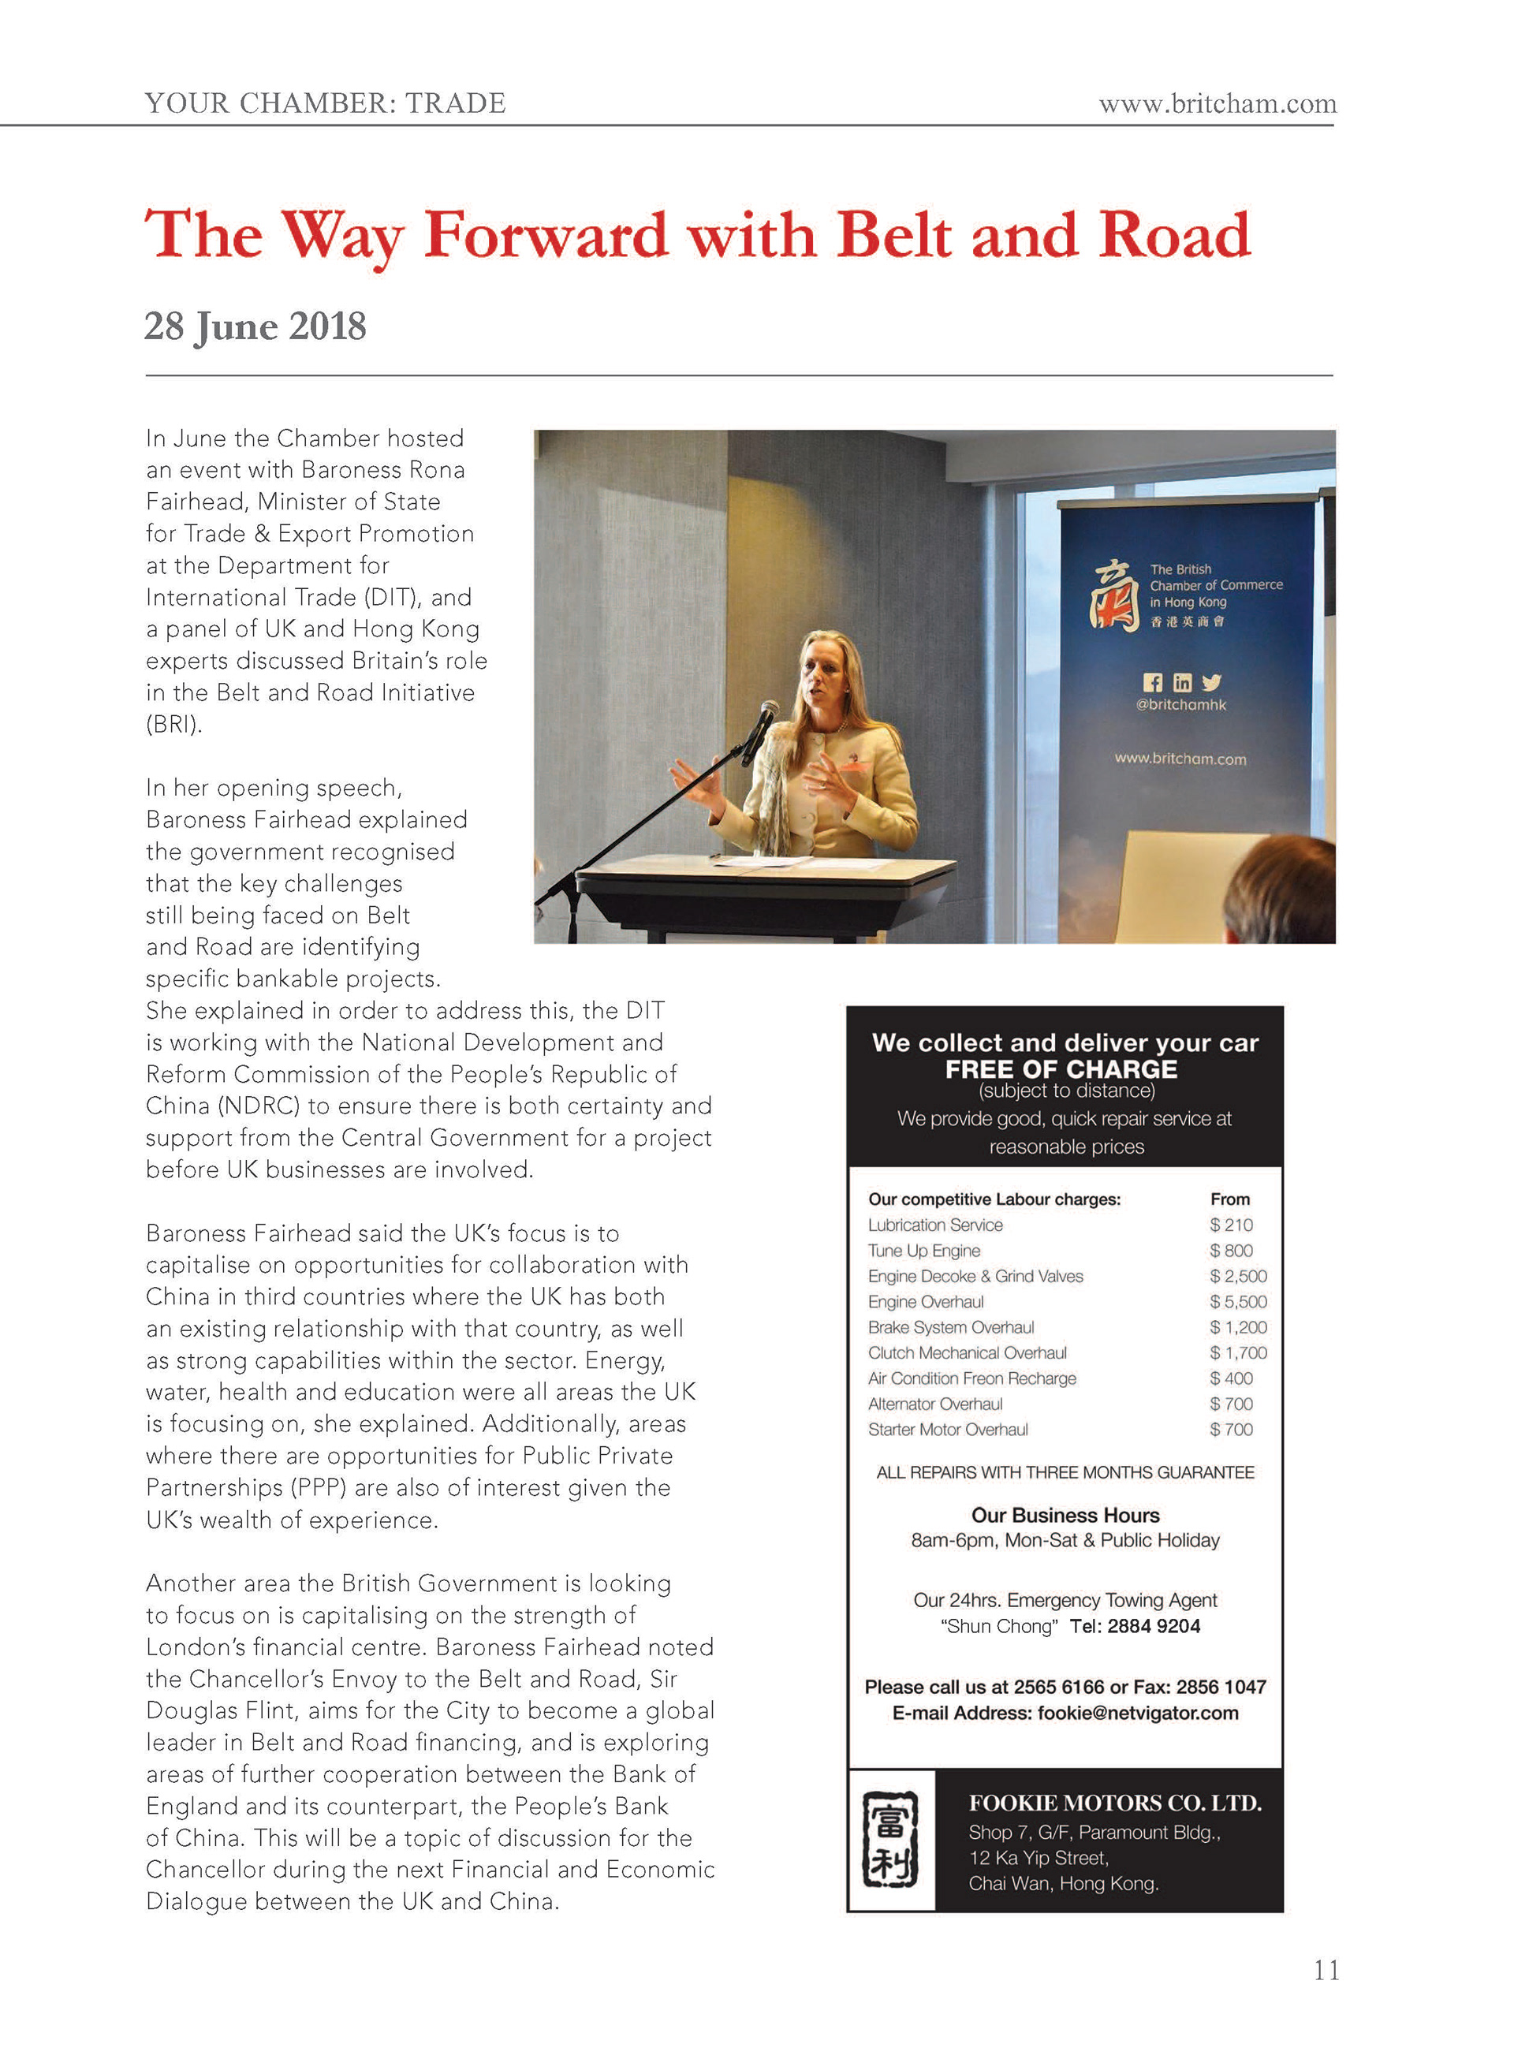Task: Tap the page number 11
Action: [x=1326, y=1970]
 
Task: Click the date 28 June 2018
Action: [x=255, y=327]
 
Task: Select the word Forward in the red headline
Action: [x=546, y=236]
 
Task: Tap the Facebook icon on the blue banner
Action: [x=1153, y=682]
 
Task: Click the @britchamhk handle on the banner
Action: [x=1180, y=705]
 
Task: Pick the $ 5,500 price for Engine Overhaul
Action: [x=1238, y=1302]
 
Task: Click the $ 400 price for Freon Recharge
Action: [x=1231, y=1378]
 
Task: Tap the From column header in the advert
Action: [x=1230, y=1199]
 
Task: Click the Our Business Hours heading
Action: [x=1065, y=1515]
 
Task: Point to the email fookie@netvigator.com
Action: [x=1137, y=1713]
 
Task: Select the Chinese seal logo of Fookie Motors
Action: [x=890, y=1839]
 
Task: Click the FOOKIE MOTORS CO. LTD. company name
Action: [x=1114, y=1803]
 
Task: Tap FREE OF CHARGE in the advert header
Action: [x=1061, y=1069]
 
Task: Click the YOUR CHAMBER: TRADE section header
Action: [x=326, y=103]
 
